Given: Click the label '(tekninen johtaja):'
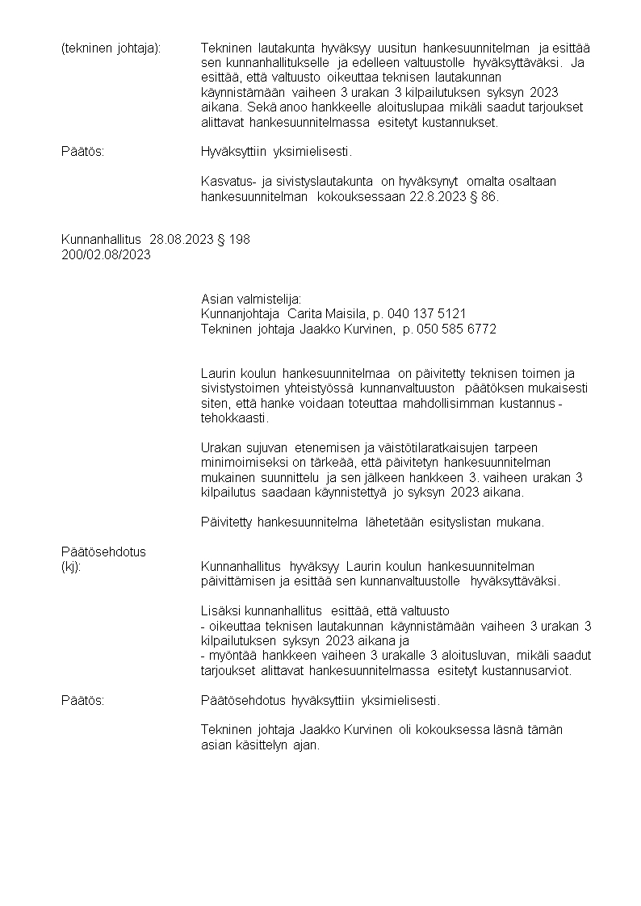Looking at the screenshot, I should click(111, 48).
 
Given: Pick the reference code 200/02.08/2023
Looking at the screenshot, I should click(106, 254).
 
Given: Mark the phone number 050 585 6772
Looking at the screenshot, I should click(456, 329).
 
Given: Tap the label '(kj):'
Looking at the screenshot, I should click(71, 567).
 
